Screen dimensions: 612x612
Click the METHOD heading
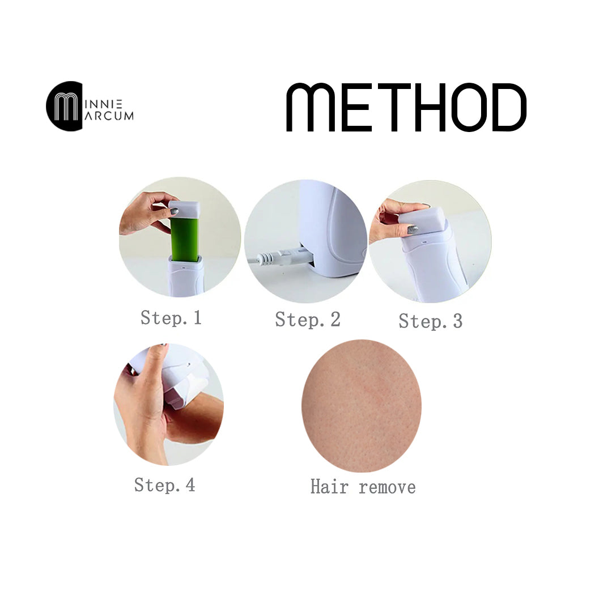coord(406,107)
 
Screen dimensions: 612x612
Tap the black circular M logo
coord(65,106)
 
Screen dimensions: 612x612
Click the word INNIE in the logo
coord(104,104)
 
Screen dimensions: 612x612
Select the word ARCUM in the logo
coord(109,116)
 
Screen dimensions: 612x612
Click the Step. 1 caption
coord(171,318)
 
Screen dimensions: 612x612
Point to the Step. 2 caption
coord(308,320)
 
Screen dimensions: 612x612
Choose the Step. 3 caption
coord(431,321)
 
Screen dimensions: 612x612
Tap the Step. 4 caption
coord(165,485)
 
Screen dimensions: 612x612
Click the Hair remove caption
coord(363,487)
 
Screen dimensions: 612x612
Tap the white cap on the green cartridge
coord(184,210)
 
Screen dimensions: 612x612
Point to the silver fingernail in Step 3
coord(413,229)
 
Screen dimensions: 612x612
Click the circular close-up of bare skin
coord(362,406)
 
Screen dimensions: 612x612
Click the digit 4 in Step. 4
coord(190,484)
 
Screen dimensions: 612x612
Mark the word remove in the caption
coord(387,488)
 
